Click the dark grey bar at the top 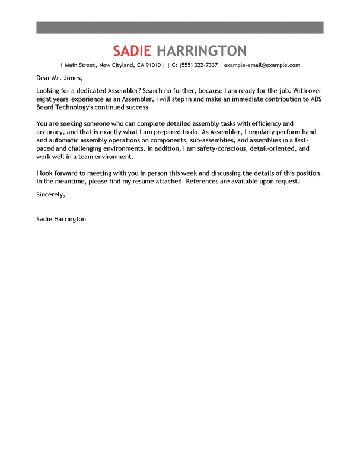pyautogui.click(x=180, y=27)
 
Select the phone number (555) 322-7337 pyautogui.click(x=198, y=65)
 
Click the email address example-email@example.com pyautogui.click(x=262, y=65)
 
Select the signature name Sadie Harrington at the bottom pyautogui.click(x=61, y=219)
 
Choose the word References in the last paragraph pyautogui.click(x=203, y=181)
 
